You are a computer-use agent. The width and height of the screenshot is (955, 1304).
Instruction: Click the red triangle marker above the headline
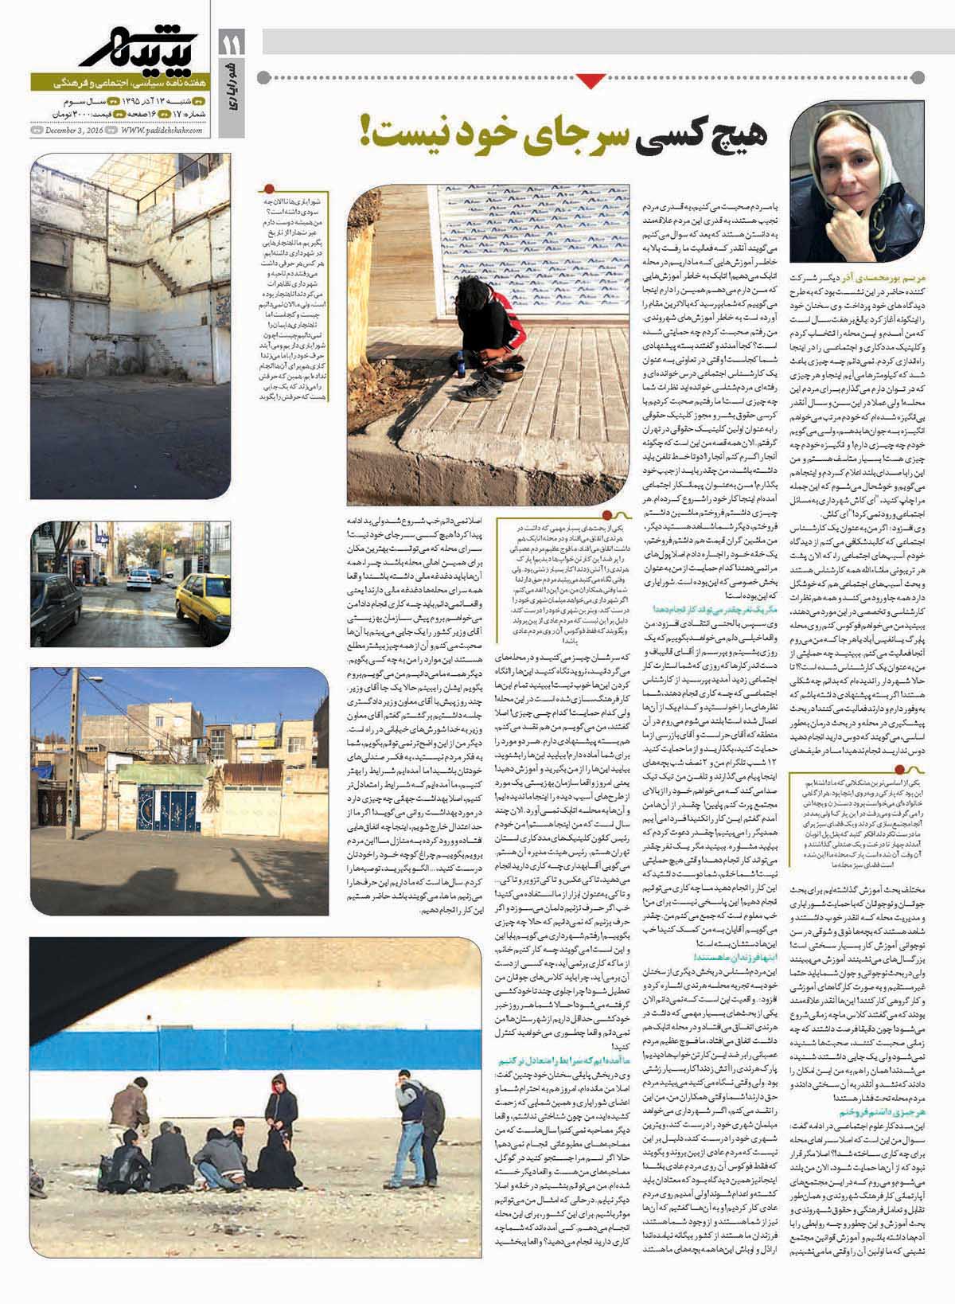591,79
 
